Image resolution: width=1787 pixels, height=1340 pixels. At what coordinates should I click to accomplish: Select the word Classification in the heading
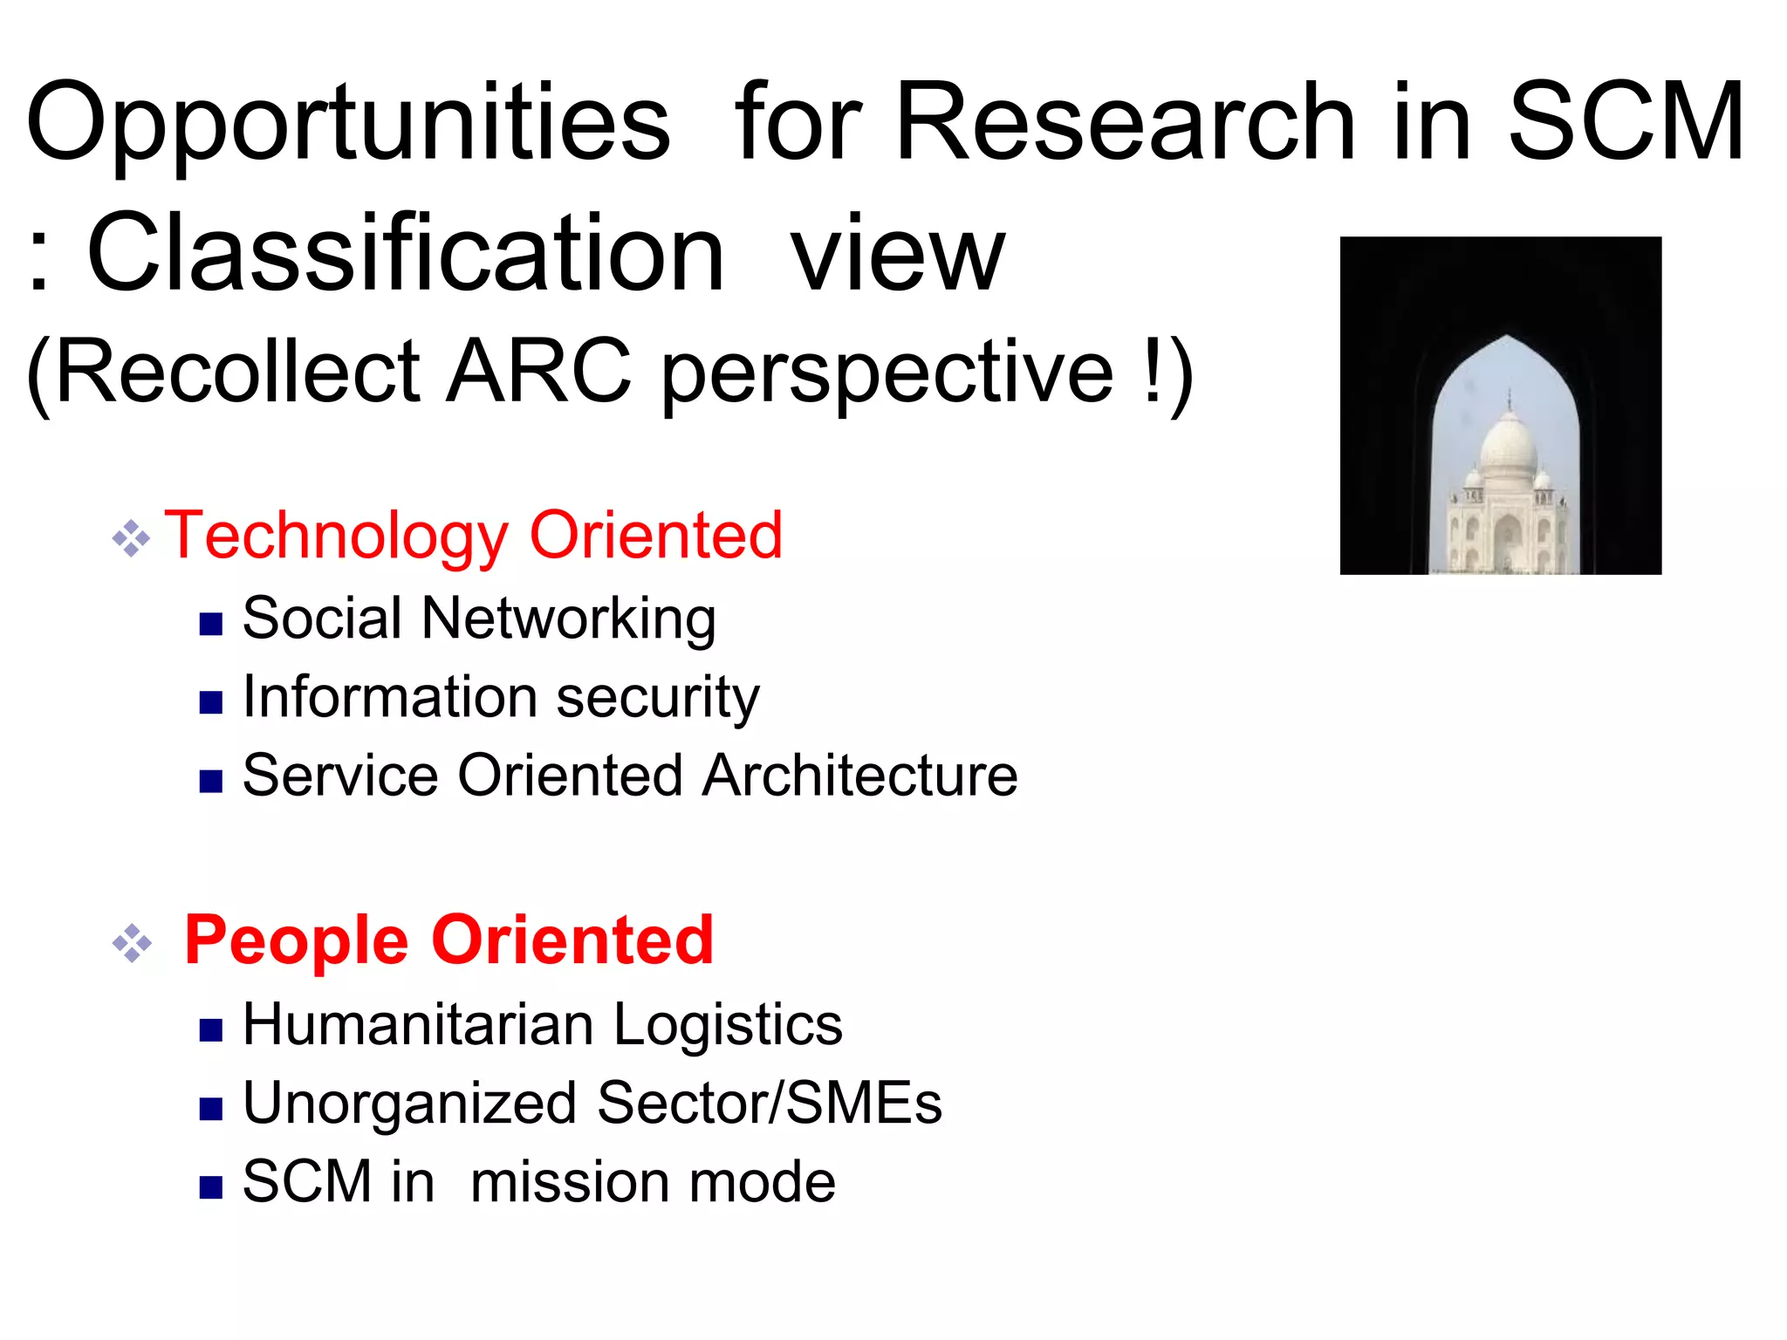(406, 255)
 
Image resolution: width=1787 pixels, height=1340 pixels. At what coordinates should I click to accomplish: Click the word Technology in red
(337, 536)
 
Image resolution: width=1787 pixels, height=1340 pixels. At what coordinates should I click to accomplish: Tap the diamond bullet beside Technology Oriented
(131, 538)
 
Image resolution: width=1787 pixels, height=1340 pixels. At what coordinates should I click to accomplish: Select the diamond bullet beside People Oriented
(132, 943)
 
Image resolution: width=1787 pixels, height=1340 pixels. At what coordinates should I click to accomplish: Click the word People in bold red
(297, 940)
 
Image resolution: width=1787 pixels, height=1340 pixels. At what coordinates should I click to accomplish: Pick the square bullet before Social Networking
(211, 624)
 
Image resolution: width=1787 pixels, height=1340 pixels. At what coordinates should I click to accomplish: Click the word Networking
(568, 619)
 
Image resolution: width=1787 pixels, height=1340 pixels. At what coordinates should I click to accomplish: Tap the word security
(658, 698)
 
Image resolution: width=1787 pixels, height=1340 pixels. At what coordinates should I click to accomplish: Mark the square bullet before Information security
(211, 702)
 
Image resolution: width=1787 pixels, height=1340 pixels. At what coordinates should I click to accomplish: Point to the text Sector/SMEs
(770, 1103)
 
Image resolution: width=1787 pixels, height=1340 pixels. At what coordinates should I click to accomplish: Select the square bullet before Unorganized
(211, 1109)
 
